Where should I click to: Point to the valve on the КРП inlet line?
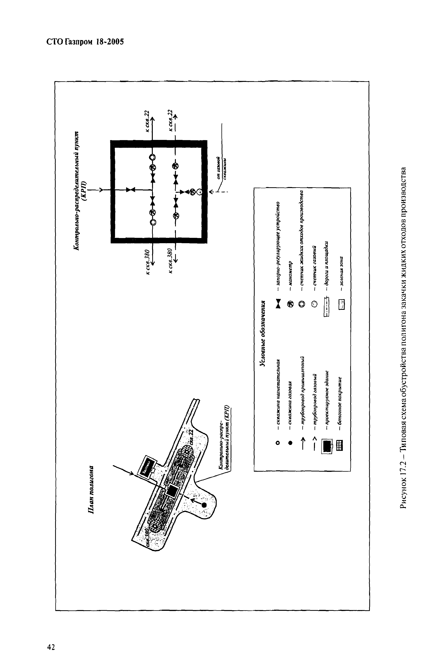[130, 190]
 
